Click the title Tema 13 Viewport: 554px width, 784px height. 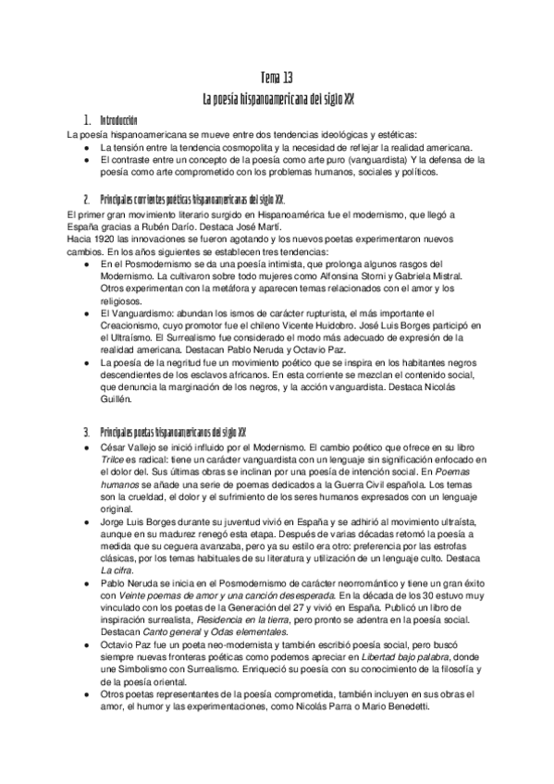tap(277, 77)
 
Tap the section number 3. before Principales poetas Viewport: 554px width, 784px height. tap(86, 433)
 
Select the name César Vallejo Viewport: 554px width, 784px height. tap(130, 447)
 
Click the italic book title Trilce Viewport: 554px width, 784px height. tap(114, 459)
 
